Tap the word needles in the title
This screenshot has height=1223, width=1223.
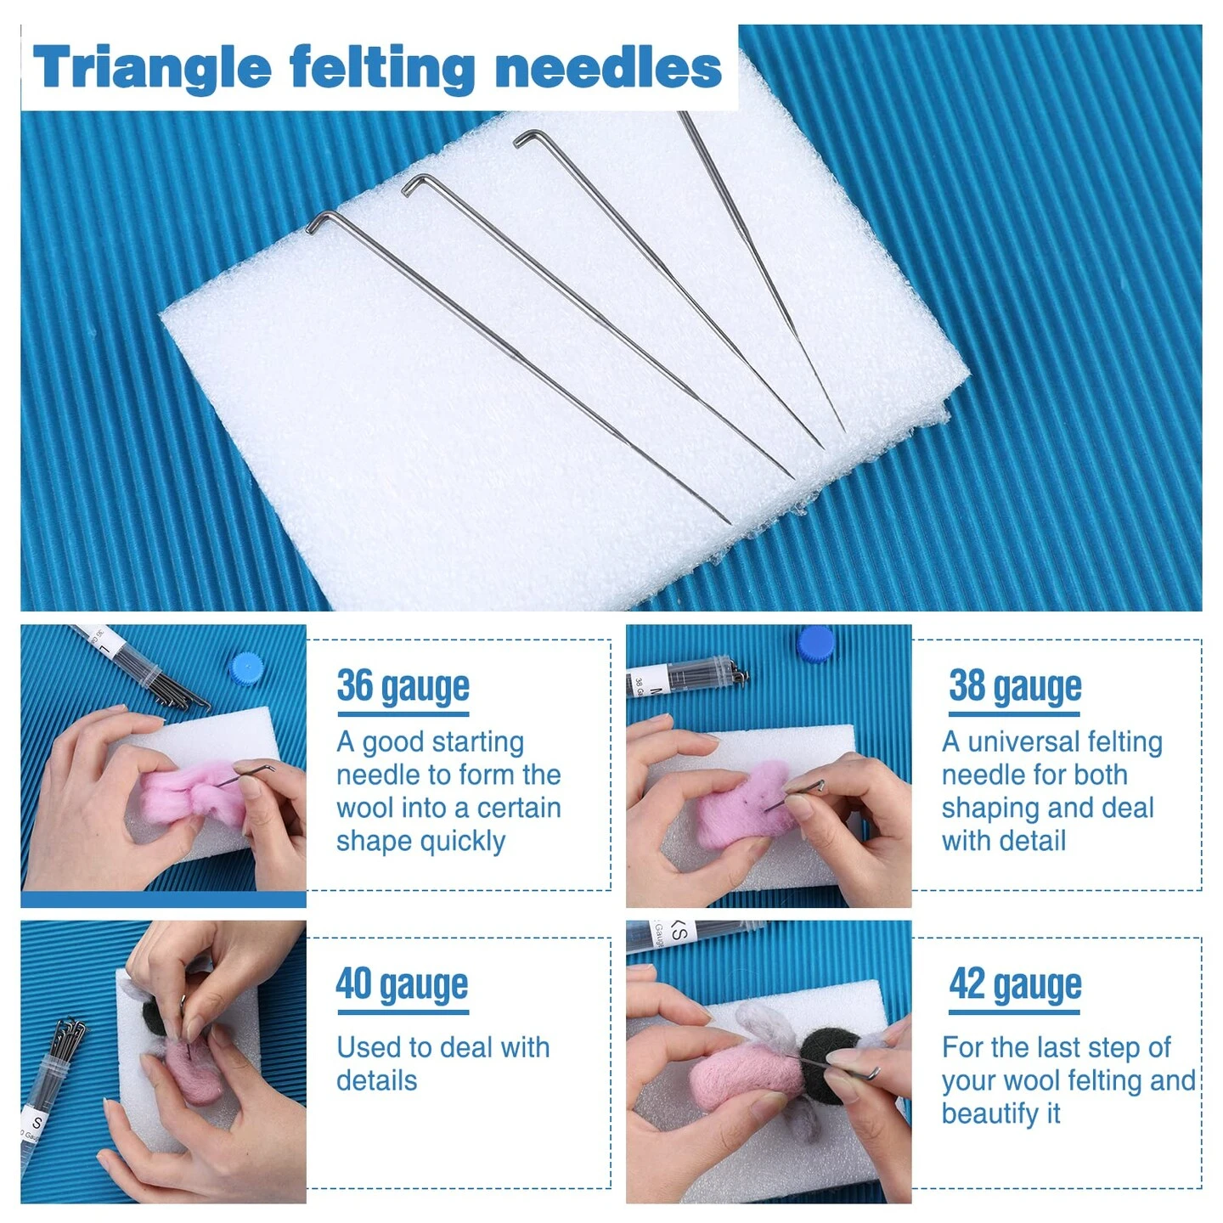pyautogui.click(x=608, y=68)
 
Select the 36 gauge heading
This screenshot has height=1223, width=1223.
pyautogui.click(x=403, y=686)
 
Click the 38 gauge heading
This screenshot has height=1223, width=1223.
pyautogui.click(x=1015, y=686)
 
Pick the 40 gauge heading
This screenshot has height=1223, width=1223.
pyautogui.click(x=402, y=984)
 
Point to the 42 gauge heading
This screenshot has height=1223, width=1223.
pyautogui.click(x=1015, y=984)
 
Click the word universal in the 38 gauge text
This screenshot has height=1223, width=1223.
pyautogui.click(x=1023, y=742)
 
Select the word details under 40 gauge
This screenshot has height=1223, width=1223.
pyautogui.click(x=377, y=1081)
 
